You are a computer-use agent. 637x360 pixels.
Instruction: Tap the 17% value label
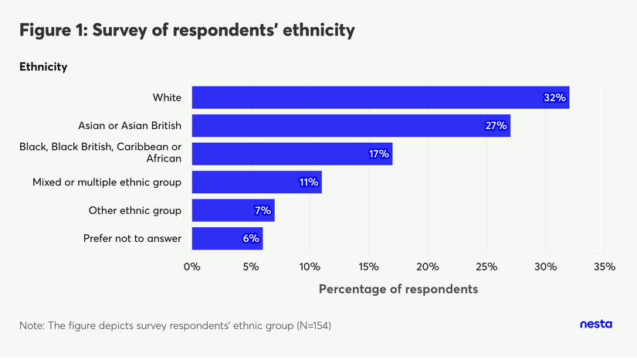[x=378, y=154]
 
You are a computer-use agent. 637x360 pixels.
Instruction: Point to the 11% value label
[x=308, y=182]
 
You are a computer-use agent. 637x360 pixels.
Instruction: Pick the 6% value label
[x=250, y=239]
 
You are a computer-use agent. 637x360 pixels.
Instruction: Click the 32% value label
[x=555, y=97]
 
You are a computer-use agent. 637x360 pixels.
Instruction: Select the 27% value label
[x=496, y=125]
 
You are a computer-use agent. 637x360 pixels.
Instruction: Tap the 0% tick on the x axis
[x=191, y=267]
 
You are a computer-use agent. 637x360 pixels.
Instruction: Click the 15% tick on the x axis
[x=368, y=267]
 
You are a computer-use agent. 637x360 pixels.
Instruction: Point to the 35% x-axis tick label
[x=604, y=267]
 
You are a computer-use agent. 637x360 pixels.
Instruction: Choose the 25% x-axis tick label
[x=486, y=267]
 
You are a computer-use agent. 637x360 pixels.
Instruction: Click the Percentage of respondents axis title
[x=398, y=289]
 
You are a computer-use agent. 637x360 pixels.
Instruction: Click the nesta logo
[x=595, y=324]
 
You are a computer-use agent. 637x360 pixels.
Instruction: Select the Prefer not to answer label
[x=132, y=239]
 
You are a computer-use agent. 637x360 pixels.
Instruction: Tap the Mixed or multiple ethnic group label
[x=107, y=182]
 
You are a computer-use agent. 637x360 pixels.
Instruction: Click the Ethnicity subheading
[x=43, y=67]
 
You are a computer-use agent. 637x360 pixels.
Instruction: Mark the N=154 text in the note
[x=313, y=326]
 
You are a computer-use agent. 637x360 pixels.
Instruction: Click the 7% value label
[x=262, y=210]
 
